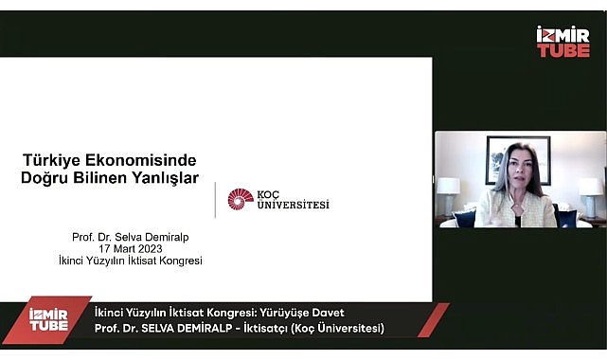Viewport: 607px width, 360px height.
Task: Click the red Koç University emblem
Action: (241, 199)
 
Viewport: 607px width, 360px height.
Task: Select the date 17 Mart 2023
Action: (137, 248)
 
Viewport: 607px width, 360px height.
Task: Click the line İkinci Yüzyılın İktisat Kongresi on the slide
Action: (137, 261)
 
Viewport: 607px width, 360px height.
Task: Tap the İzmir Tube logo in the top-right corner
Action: (562, 42)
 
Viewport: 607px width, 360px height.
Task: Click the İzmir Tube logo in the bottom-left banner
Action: (47, 319)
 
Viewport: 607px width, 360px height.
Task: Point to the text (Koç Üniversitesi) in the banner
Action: (338, 329)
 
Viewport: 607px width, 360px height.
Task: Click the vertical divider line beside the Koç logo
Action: (215, 200)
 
